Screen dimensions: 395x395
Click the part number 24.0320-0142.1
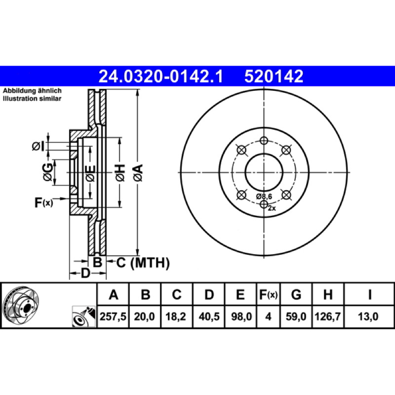[161, 77]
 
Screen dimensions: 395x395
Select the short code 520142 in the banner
[274, 77]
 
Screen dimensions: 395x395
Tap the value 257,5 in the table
[113, 316]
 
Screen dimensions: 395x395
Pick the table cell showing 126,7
[327, 316]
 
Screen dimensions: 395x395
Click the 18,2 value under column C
[176, 316]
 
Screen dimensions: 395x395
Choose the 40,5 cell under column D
[209, 316]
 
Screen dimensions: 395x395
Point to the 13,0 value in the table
[368, 316]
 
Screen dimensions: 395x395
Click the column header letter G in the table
[296, 294]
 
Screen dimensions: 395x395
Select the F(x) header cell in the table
[268, 294]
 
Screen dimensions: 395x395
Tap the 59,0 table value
[296, 316]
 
